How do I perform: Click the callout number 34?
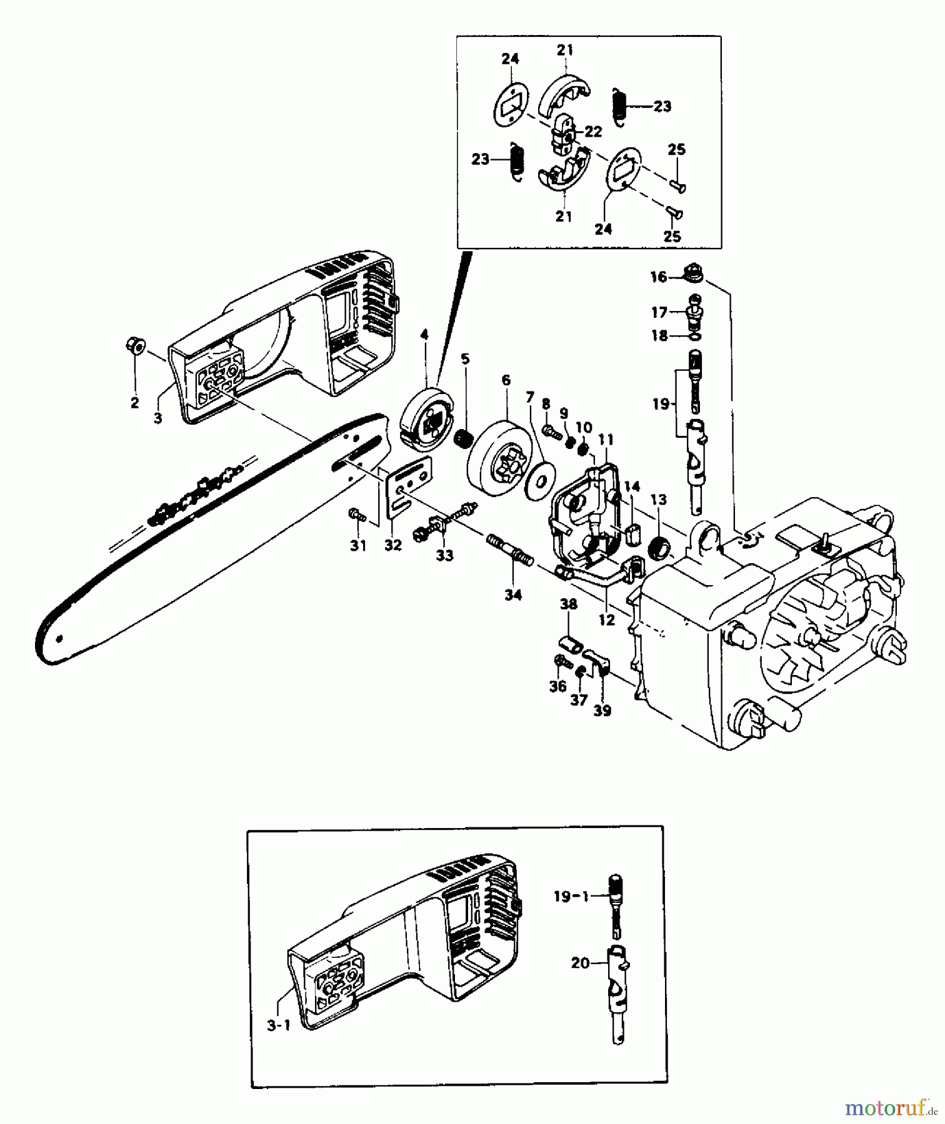513,595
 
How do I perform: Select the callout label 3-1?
279,1025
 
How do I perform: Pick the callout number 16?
658,277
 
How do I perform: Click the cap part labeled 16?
691,272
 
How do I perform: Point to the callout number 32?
392,545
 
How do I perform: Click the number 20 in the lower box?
580,964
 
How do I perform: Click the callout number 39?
602,711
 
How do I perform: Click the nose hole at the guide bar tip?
59,639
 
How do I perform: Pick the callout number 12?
607,620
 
